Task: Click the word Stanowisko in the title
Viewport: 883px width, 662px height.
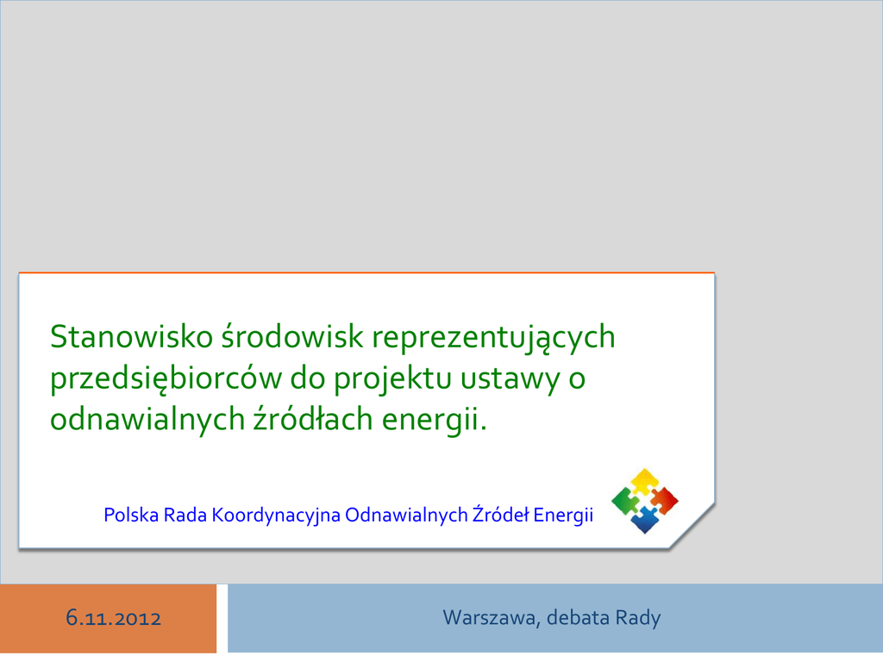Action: (x=132, y=337)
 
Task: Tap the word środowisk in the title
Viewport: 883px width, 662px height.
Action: (x=292, y=337)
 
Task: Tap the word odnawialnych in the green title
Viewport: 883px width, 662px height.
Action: (x=147, y=420)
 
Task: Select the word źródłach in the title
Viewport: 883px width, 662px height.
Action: (x=313, y=418)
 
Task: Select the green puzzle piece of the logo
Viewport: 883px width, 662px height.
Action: (x=626, y=501)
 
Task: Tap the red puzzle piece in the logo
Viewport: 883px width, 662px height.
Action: (x=665, y=501)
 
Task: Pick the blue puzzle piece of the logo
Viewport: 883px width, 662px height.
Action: (x=645, y=520)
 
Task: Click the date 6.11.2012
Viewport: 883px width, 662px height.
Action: (x=113, y=618)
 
